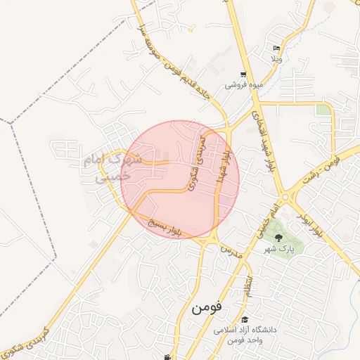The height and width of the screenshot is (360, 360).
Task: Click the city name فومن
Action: pos(209,307)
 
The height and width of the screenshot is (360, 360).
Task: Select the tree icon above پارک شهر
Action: pos(278,237)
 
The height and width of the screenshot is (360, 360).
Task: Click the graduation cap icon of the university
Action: pos(244,320)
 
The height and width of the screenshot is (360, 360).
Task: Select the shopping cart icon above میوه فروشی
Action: pos(243,75)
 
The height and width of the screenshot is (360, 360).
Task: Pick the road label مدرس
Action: pos(232,251)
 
